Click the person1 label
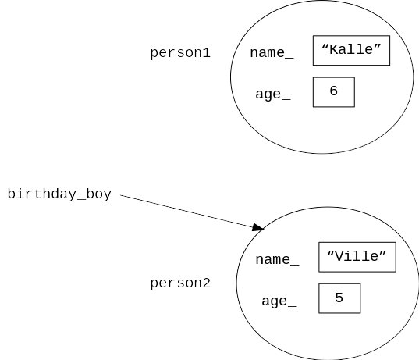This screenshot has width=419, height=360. coord(180,53)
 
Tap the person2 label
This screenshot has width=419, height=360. coord(180,283)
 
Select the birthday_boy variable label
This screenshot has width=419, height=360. coord(59,194)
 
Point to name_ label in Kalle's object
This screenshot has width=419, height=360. coord(272,52)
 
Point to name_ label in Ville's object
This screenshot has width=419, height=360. coord(277,260)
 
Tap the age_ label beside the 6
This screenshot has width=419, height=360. coord(273,94)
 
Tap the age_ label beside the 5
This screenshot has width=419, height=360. coord(279,301)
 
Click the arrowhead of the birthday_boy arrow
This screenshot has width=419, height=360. coord(258,227)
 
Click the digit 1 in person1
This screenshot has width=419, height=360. coord(206,52)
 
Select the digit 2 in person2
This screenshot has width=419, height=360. coord(206,283)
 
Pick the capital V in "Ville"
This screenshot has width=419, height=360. coord(339,256)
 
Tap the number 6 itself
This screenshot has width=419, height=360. coord(334,91)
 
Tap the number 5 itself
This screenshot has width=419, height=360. coord(339,298)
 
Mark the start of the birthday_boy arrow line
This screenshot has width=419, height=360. coord(120,195)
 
